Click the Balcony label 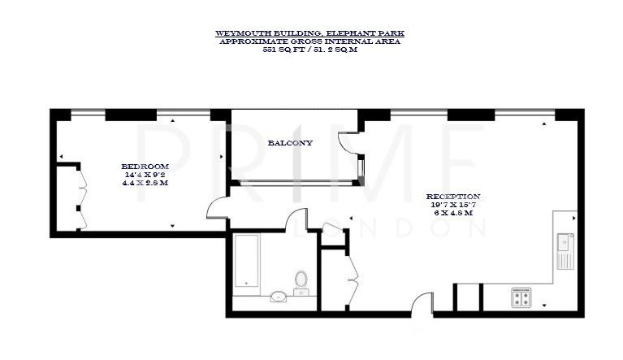290,143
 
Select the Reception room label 453,197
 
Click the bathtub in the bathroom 246,261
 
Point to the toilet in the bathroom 301,281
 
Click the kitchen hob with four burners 520,297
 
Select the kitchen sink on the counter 565,242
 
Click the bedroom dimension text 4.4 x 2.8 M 146,183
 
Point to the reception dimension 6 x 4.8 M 453,213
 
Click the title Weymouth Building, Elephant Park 309,33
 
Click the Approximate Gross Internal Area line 309,41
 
